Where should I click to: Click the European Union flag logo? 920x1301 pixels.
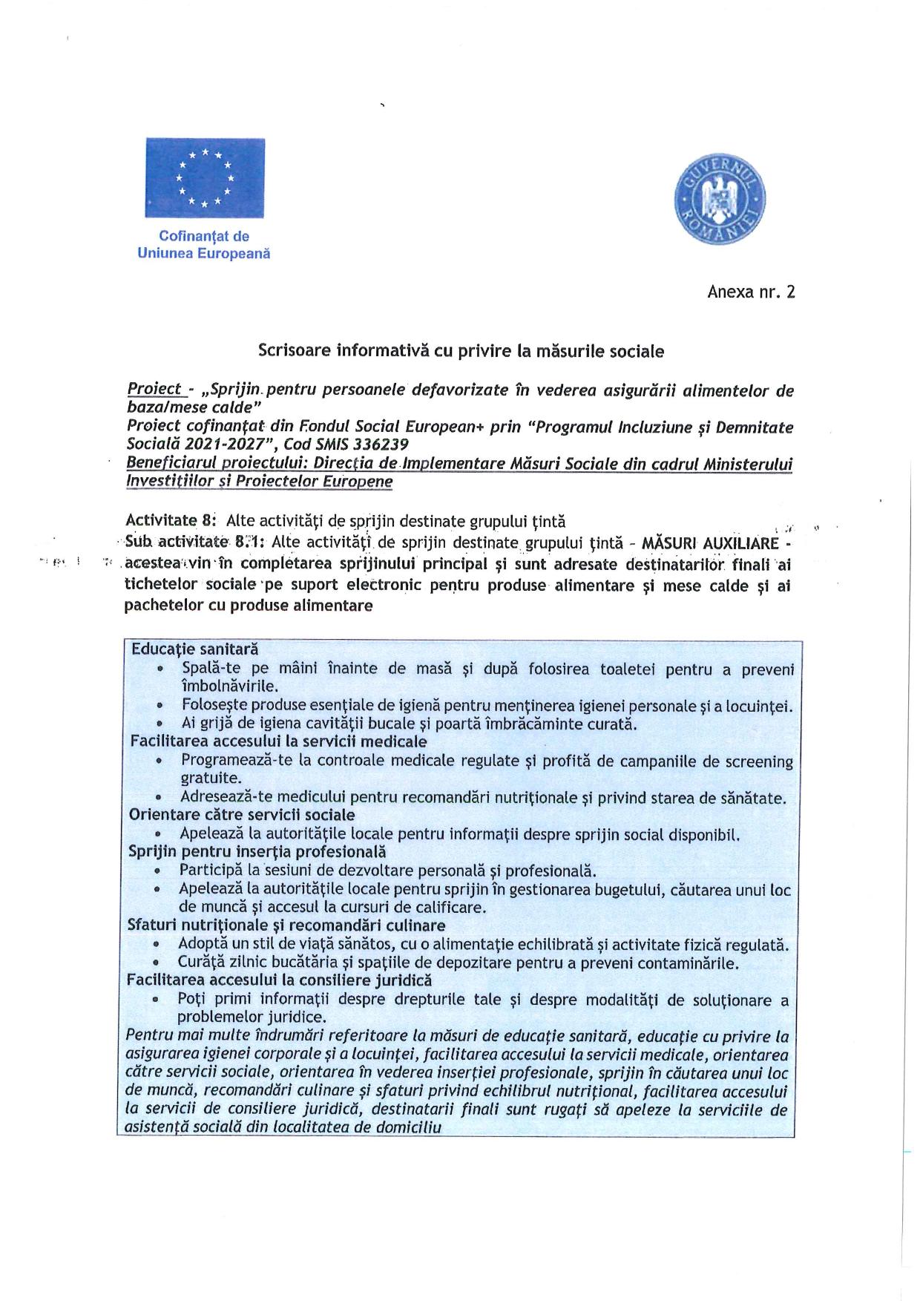204,177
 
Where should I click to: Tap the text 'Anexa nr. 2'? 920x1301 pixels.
751,292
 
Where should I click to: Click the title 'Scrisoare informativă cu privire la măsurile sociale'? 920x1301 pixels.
461,350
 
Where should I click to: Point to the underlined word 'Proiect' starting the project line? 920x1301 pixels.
154,388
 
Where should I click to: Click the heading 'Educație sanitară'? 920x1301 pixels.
194,648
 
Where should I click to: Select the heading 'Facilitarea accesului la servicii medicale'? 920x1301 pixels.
278,741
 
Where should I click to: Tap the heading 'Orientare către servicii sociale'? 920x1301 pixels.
242,814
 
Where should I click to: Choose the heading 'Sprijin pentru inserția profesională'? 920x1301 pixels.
257,851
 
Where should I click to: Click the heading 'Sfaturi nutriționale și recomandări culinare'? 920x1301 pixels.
286,925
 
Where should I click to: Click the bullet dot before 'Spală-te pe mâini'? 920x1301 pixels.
161,669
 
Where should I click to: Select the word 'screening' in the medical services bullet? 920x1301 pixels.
757,761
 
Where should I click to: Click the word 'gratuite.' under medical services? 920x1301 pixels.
211,779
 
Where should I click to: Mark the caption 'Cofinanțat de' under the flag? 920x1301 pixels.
204,236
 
